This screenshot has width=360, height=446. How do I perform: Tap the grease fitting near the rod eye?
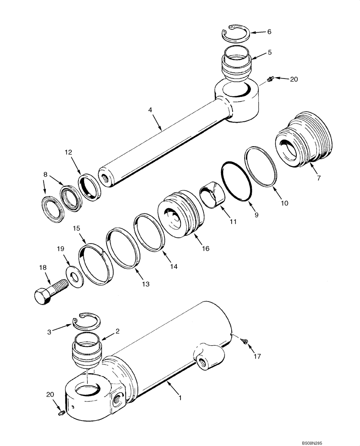click(270, 80)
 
